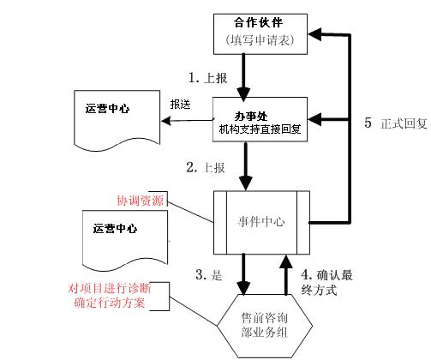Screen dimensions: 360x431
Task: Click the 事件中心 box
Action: point(260,221)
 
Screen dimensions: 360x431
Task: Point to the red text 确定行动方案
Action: point(106,303)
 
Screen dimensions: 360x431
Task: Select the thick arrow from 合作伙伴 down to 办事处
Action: point(246,73)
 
